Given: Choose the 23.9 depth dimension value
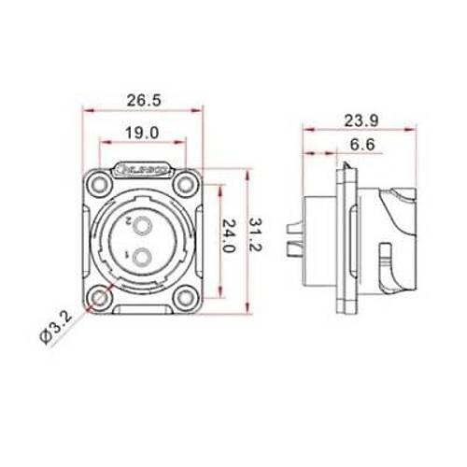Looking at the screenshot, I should [x=361, y=119].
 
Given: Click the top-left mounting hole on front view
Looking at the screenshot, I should [x=99, y=182].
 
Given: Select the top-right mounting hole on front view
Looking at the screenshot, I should [x=186, y=182].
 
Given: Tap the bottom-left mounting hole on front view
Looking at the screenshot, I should [x=99, y=299].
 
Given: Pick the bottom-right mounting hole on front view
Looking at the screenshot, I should [x=186, y=299].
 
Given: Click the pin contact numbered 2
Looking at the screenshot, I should [x=142, y=224].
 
